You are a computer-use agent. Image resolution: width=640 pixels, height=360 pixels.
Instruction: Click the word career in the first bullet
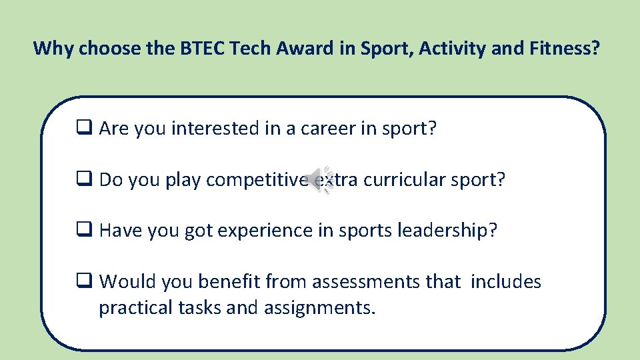[x=328, y=129]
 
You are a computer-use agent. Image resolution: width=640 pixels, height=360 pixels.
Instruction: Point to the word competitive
[x=257, y=180]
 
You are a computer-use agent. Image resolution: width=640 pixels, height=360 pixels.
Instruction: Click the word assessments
[x=354, y=283]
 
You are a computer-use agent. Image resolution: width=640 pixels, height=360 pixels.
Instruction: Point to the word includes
[x=506, y=283]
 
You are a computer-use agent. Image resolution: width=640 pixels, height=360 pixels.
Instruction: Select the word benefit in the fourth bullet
[x=228, y=283]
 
